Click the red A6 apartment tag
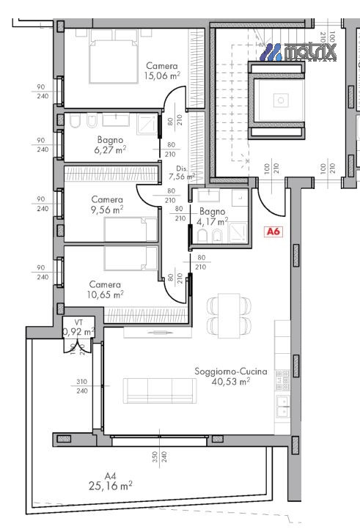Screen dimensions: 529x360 (x=273, y=232)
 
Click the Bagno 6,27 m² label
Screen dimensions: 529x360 (x=110, y=144)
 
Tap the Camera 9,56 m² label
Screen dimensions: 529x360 (x=106, y=204)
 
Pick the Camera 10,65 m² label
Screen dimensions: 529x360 (x=105, y=289)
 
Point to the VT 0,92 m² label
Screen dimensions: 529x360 (x=78, y=328)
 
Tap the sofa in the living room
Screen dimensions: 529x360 (x=158, y=390)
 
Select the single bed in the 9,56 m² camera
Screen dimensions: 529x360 (x=131, y=232)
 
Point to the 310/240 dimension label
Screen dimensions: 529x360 (x=82, y=386)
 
